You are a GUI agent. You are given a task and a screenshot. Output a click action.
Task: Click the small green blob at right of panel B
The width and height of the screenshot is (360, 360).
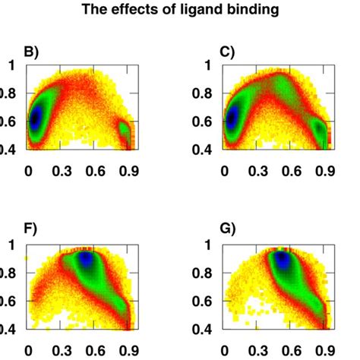tap(125, 134)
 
